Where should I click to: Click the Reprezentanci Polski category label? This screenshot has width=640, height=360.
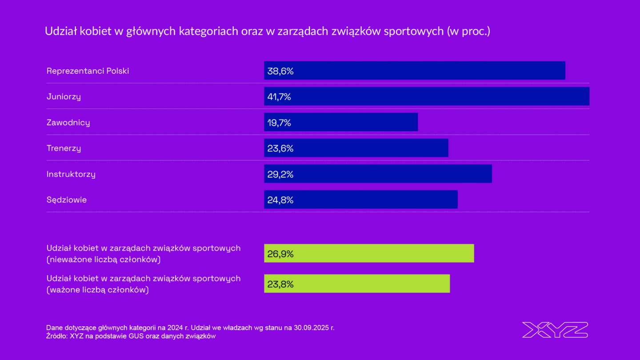[88, 71]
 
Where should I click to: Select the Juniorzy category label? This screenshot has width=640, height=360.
[64, 96]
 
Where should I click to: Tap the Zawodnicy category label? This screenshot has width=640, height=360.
[68, 122]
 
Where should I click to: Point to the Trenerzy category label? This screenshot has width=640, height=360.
[64, 148]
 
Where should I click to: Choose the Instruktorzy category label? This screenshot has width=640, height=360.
[71, 174]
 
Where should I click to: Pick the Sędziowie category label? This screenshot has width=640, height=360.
[67, 200]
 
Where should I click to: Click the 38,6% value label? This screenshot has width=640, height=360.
[280, 71]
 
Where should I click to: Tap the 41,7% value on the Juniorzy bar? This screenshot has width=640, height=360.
[279, 96]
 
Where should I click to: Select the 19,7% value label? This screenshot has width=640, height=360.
[279, 122]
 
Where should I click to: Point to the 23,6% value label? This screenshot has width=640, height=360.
[280, 148]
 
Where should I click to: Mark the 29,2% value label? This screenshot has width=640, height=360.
[280, 174]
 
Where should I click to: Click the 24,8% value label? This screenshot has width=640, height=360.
[280, 200]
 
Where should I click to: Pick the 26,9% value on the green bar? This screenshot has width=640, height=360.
[280, 254]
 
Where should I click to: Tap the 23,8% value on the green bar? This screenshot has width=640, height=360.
[280, 284]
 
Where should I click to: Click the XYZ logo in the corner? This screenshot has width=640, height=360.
[555, 330]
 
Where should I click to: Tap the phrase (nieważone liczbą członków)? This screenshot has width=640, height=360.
[104, 259]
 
